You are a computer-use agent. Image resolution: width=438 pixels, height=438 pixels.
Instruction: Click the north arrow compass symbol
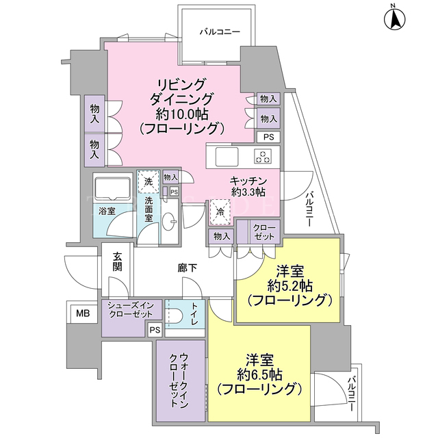pyautogui.click(x=394, y=19)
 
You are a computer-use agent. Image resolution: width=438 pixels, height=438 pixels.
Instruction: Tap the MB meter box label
pyautogui.click(x=83, y=313)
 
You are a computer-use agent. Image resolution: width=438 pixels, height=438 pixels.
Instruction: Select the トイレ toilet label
pyautogui.click(x=194, y=314)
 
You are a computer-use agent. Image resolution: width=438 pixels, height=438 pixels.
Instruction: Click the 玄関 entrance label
pyautogui.click(x=117, y=261)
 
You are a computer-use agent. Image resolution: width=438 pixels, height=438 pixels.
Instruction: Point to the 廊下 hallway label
pyautogui.click(x=187, y=268)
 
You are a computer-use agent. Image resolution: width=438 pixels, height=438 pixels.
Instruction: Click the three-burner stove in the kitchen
pyautogui.click(x=263, y=156)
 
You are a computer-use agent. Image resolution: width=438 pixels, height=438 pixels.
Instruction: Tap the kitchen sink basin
pyautogui.click(x=227, y=157)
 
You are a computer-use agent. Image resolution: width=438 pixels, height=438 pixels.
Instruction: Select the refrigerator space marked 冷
pyautogui.click(x=220, y=212)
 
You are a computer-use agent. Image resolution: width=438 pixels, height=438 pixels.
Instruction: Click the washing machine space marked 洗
pyautogui.click(x=149, y=182)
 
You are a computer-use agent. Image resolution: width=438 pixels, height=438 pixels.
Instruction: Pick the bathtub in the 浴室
pyautogui.click(x=113, y=189)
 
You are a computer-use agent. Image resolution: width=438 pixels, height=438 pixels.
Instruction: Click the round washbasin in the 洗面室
pyautogui.click(x=169, y=222)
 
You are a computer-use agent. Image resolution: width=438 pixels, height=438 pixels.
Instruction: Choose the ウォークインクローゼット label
pyautogui.click(x=179, y=380)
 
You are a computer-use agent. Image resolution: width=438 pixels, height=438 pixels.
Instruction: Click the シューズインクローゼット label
pyautogui.click(x=131, y=310)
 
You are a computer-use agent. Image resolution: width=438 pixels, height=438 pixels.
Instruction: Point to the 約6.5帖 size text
pyautogui.click(x=259, y=374)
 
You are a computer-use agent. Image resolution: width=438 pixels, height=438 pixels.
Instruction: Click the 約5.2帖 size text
pyautogui.click(x=290, y=285)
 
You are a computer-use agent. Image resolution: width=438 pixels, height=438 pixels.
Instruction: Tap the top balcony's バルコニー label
pyautogui.click(x=220, y=31)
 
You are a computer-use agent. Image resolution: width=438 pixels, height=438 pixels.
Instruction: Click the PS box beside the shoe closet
pyautogui.click(x=155, y=330)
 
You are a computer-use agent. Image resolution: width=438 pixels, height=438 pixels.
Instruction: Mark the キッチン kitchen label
pyautogui.click(x=248, y=181)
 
